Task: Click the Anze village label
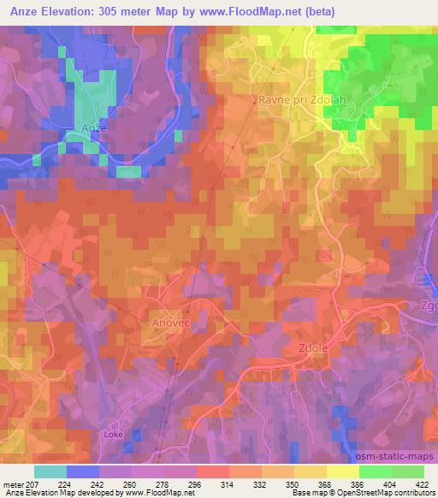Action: pos(93,127)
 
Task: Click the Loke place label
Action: pos(114,434)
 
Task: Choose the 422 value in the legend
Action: pos(423,484)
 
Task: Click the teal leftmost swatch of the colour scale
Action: pos(50,471)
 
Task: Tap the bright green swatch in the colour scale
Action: pos(375,471)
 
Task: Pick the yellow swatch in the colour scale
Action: pos(342,471)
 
